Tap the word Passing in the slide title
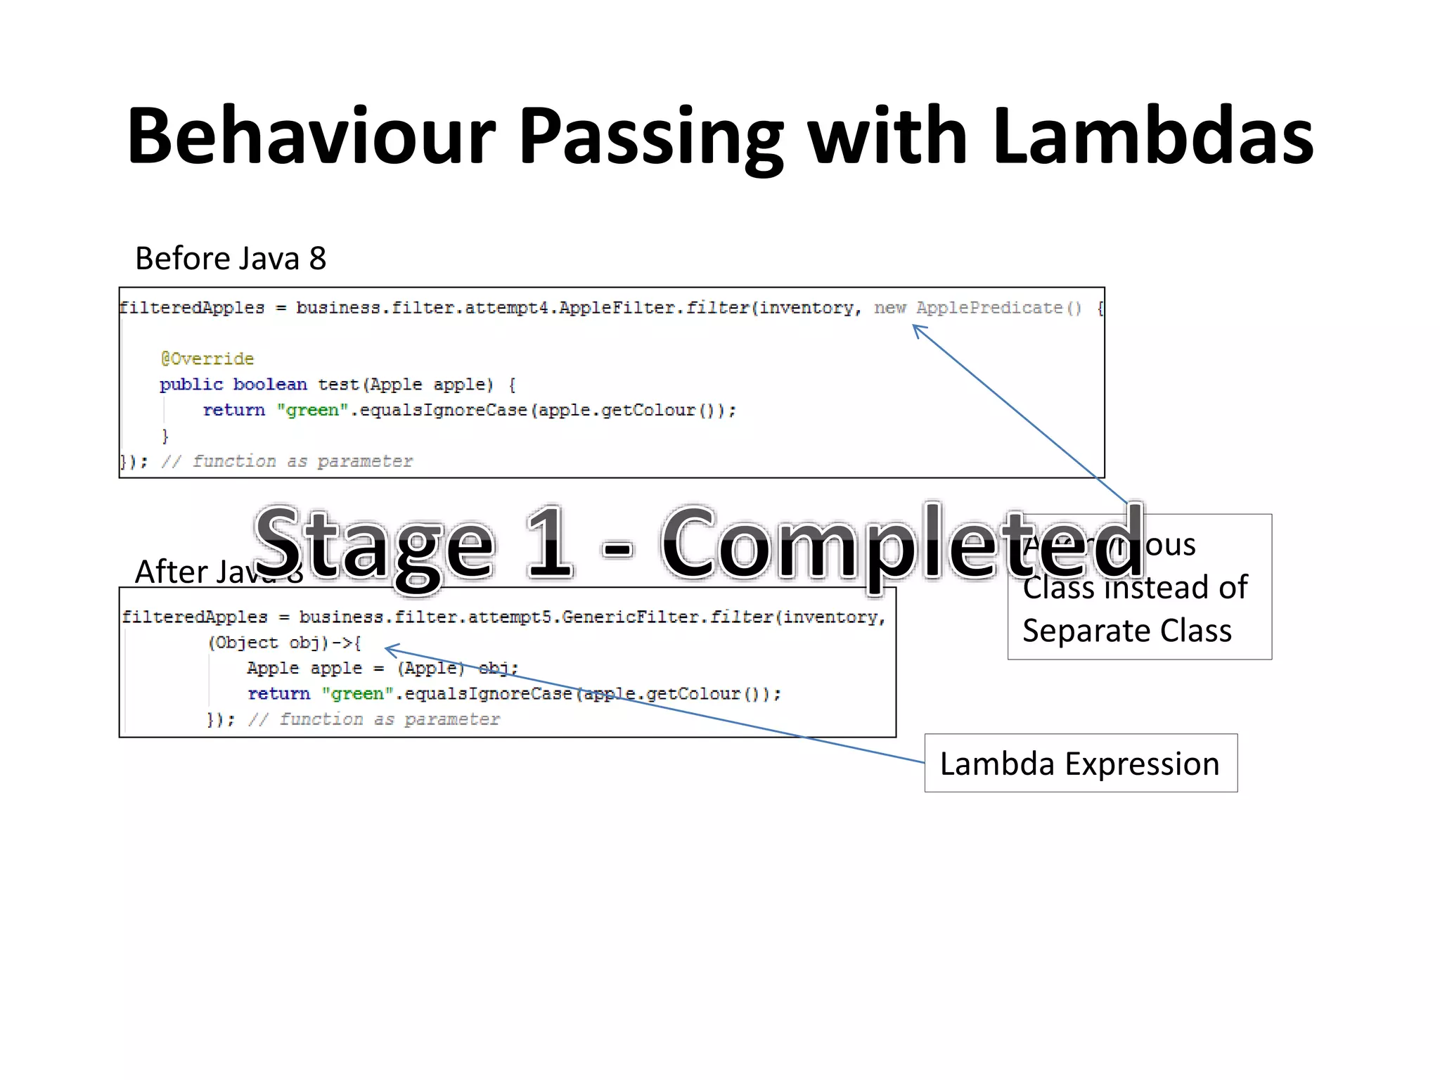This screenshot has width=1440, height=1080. point(650,137)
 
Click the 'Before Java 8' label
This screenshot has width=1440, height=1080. point(231,259)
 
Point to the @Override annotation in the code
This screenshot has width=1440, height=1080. point(207,359)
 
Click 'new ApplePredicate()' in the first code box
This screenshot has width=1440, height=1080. point(977,308)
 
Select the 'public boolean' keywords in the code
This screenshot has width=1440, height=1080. point(233,385)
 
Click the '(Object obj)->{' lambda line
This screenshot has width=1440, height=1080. point(284,643)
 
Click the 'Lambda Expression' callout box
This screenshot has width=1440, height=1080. point(1080,764)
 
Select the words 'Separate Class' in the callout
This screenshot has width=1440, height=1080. point(1126,631)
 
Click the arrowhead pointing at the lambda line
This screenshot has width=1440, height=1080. point(390,649)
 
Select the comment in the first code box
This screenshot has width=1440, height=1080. point(287,461)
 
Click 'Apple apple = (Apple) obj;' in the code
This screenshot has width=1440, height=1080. point(382,668)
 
